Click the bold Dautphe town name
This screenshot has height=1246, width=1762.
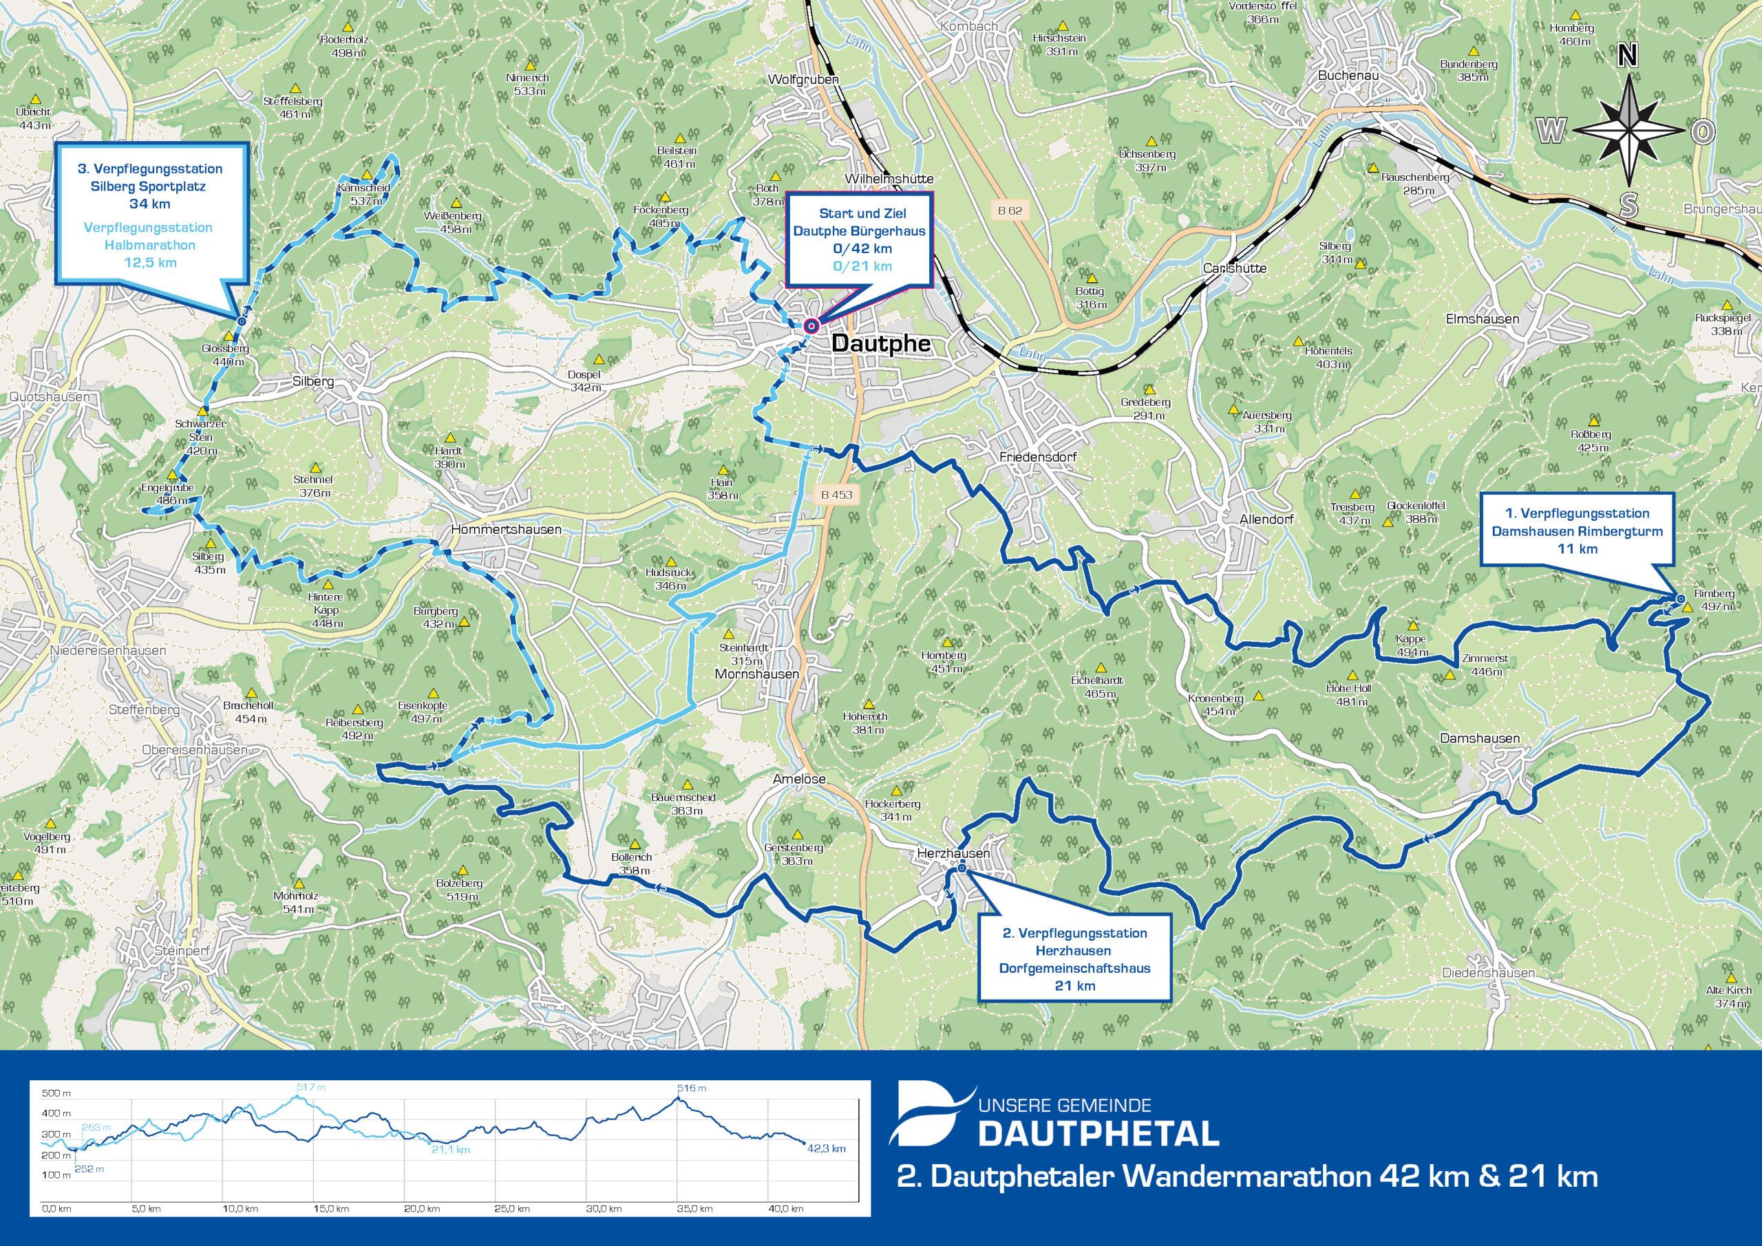[x=881, y=344]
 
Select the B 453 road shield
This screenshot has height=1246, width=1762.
[x=836, y=495]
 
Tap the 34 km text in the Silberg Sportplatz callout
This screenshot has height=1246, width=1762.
[x=151, y=204]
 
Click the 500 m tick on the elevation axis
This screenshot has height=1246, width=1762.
[x=55, y=1093]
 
